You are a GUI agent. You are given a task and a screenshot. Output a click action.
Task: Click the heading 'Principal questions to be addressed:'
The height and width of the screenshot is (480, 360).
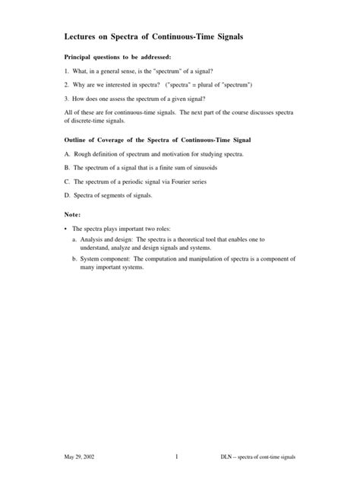pyautogui.click(x=118, y=57)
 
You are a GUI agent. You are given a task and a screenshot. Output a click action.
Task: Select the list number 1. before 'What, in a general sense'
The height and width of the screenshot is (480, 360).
pyautogui.click(x=67, y=71)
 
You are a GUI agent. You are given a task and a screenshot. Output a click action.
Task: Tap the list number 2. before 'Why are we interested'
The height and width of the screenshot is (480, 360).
pyautogui.click(x=67, y=84)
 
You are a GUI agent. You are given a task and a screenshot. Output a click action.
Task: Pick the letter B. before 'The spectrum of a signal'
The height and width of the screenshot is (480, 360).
pyautogui.click(x=68, y=169)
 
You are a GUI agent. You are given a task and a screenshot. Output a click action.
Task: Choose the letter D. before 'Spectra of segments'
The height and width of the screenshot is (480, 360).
pyautogui.click(x=68, y=196)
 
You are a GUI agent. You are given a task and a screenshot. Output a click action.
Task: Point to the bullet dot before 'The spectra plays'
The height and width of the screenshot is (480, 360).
pyautogui.click(x=66, y=228)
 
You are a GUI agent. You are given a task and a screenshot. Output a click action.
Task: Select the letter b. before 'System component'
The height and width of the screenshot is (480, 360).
pyautogui.click(x=74, y=258)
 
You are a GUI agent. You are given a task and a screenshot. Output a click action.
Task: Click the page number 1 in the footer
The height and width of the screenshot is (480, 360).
pyautogui.click(x=176, y=456)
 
